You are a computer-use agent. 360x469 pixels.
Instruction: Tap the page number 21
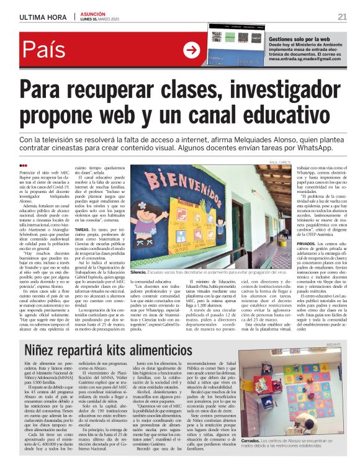point(342,16)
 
